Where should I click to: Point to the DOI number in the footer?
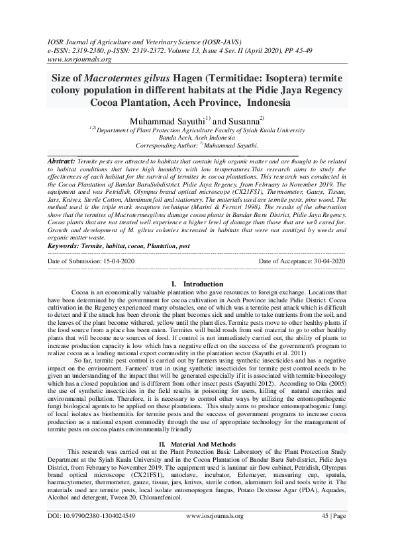tap(92, 515)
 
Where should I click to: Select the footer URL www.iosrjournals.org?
tap(206, 515)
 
